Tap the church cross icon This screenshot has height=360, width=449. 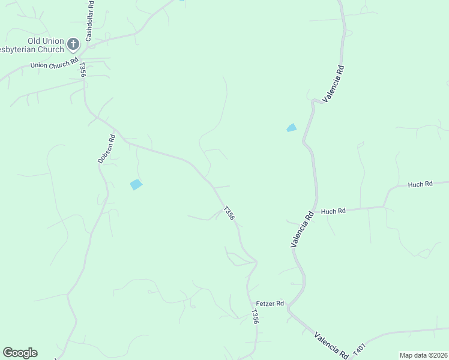(x=73, y=44)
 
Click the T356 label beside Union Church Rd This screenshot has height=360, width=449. (x=82, y=70)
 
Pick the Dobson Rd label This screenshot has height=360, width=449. (x=106, y=149)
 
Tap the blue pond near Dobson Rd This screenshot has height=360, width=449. (x=137, y=185)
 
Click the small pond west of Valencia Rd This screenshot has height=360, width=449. (x=292, y=128)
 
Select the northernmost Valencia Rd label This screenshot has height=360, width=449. (x=334, y=83)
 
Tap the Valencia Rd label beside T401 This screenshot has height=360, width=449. (x=331, y=344)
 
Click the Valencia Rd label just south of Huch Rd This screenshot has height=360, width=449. (x=303, y=229)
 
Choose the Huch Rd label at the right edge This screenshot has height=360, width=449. (x=420, y=184)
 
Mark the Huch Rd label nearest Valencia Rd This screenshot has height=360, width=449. (x=333, y=211)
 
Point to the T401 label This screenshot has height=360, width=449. (x=360, y=348)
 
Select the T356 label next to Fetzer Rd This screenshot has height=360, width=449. (x=255, y=317)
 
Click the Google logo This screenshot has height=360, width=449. (x=20, y=353)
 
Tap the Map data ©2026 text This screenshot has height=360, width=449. (x=423, y=355)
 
